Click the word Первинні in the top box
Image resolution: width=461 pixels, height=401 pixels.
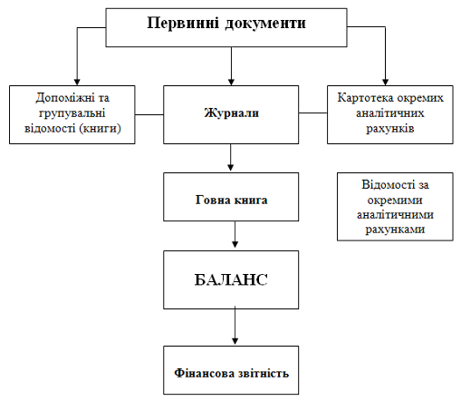183,23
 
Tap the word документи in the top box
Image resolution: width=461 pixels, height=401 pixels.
265,24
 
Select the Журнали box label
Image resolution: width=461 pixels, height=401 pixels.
232,112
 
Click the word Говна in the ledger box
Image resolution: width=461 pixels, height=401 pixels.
213,200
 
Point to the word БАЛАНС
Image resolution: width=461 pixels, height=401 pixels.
231,279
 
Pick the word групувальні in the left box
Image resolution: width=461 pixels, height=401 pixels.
72,113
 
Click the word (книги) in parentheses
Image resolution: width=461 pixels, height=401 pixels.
101,129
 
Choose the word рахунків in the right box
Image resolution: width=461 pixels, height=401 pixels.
389,129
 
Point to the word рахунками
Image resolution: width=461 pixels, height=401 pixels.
395,230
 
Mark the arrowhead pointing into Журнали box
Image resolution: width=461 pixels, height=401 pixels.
231,82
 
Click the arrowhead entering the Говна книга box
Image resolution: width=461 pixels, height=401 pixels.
231,167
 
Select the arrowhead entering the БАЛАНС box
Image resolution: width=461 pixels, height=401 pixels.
235,244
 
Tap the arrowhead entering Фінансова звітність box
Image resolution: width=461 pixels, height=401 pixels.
235,340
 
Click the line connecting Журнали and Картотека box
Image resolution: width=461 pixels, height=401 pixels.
313,112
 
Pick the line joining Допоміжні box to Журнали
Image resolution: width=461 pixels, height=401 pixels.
149,114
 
